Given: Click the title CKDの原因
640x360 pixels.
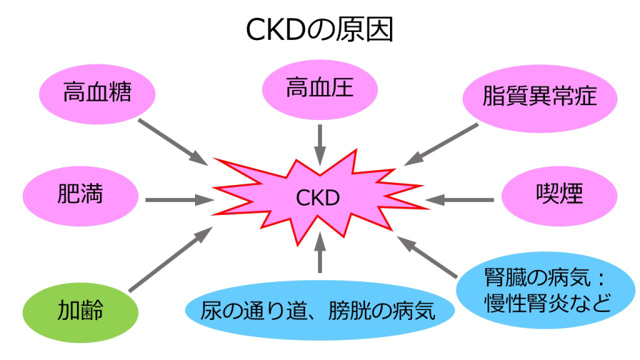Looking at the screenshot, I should coord(319,30).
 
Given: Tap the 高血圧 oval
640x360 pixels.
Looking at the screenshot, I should coord(319,88).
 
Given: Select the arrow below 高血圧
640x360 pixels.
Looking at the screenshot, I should coord(320,144).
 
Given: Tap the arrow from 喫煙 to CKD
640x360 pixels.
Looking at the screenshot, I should coord(460,200).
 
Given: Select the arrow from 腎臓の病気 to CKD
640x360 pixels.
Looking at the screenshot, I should coord(431,257).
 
